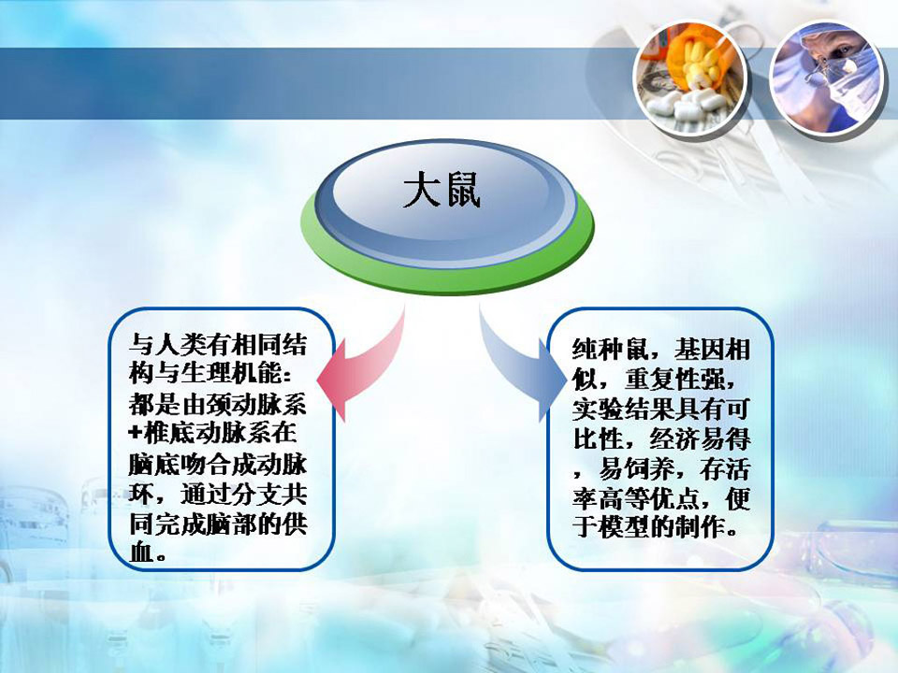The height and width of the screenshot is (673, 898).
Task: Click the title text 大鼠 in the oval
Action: [x=442, y=190]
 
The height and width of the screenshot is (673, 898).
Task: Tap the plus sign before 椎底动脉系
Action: [x=135, y=433]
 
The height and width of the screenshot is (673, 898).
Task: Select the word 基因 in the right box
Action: [x=699, y=349]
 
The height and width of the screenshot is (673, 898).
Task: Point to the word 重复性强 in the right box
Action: [x=673, y=379]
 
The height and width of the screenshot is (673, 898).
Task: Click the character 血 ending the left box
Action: [x=141, y=551]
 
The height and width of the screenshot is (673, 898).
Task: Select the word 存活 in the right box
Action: [x=724, y=470]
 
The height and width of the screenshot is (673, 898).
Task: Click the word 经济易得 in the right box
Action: [x=700, y=440]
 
